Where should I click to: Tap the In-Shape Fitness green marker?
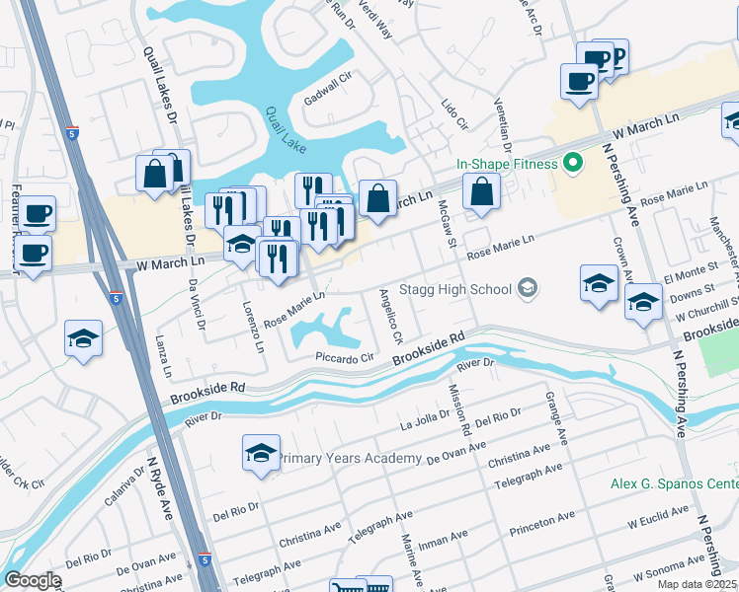coord(571,164)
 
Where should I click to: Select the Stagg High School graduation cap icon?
coord(529,288)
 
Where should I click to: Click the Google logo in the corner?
coord(33,580)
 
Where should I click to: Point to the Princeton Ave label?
coord(541,523)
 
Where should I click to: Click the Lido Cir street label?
coord(454,114)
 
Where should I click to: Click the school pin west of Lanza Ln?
coord(83,338)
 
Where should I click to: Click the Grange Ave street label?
coord(558,415)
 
